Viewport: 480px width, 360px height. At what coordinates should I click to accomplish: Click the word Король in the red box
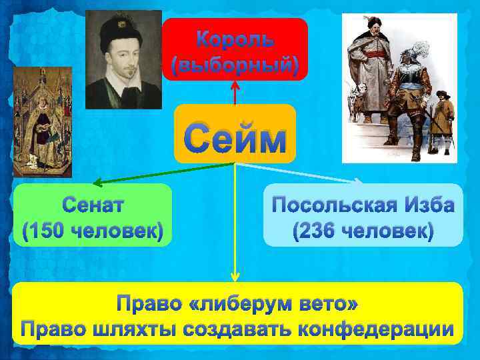pyautogui.click(x=235, y=39)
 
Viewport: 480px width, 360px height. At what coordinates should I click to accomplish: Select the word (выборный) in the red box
pyautogui.click(x=235, y=65)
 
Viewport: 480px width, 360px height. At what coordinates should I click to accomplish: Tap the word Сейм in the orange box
pyautogui.click(x=235, y=139)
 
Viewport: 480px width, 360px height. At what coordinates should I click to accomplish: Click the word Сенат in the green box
pyautogui.click(x=93, y=204)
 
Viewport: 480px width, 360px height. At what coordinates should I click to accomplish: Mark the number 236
pyautogui.click(x=318, y=232)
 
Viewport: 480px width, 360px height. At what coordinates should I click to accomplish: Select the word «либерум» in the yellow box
pyautogui.click(x=244, y=304)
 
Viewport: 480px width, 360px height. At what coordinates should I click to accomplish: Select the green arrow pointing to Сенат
pyautogui.click(x=160, y=173)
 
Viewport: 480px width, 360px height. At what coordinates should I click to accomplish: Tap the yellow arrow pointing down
pyautogui.click(x=235, y=227)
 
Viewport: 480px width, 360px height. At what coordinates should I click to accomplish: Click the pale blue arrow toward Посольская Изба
pyautogui.click(x=300, y=172)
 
